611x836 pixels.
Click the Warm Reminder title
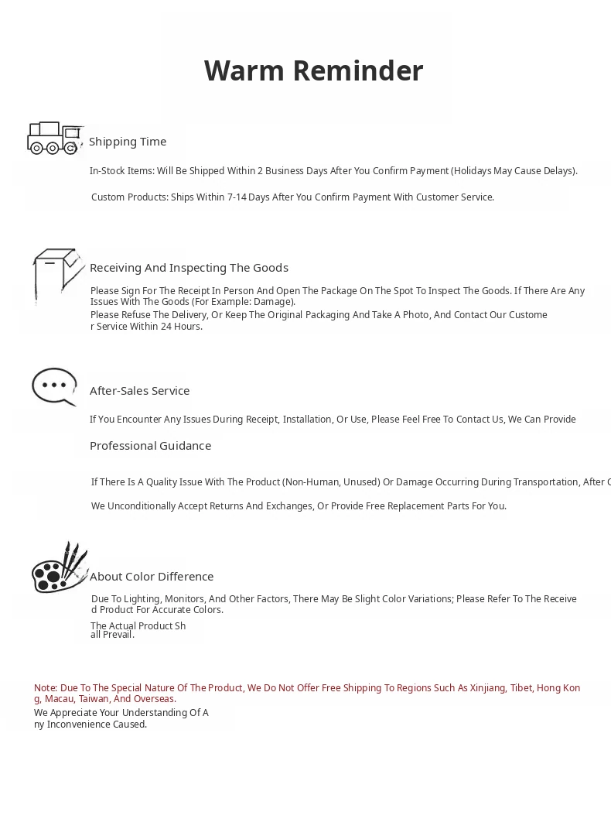click(313, 70)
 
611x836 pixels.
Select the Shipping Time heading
click(128, 142)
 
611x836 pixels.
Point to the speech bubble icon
click(54, 385)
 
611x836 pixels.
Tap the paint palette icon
click(59, 568)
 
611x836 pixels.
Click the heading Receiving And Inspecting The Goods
click(189, 268)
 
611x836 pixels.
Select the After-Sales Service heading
click(139, 391)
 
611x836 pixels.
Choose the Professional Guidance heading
click(150, 446)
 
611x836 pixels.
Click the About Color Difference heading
click(152, 577)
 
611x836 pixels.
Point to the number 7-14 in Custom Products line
click(237, 197)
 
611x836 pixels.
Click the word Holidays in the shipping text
click(477, 171)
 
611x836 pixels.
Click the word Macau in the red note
click(59, 699)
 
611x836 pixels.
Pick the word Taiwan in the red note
click(94, 699)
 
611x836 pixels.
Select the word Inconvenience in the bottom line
click(96, 725)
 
